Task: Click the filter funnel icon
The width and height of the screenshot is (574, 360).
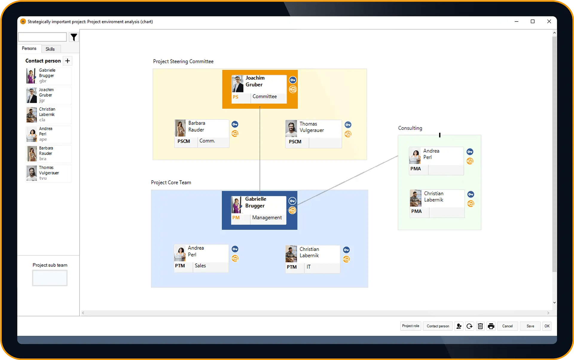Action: click(74, 37)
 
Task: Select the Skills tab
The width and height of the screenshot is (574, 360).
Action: click(50, 49)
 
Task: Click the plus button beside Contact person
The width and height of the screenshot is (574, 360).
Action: click(68, 61)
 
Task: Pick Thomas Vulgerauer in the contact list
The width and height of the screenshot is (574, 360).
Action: click(49, 173)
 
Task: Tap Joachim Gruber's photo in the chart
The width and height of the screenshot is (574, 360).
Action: click(238, 84)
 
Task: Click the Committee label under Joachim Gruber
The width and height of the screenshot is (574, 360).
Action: click(265, 96)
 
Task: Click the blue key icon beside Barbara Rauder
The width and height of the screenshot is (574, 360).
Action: click(235, 124)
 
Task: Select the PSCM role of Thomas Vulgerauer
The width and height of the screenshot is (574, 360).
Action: click(295, 142)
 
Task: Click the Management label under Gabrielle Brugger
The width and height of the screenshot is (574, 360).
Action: click(267, 217)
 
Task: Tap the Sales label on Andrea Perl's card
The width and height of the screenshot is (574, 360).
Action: click(200, 266)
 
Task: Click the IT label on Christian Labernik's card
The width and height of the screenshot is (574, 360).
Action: click(309, 267)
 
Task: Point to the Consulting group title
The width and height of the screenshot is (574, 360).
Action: click(410, 128)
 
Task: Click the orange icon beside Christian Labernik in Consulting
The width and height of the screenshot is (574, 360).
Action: click(471, 204)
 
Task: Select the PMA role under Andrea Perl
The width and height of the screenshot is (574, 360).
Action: click(416, 169)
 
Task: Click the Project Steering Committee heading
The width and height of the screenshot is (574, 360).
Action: click(183, 61)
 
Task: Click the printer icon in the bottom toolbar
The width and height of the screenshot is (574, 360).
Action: click(491, 326)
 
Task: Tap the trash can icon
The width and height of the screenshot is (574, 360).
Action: click(480, 326)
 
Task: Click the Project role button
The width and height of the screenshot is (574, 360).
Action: click(410, 326)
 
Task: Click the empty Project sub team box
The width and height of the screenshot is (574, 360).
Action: click(50, 278)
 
